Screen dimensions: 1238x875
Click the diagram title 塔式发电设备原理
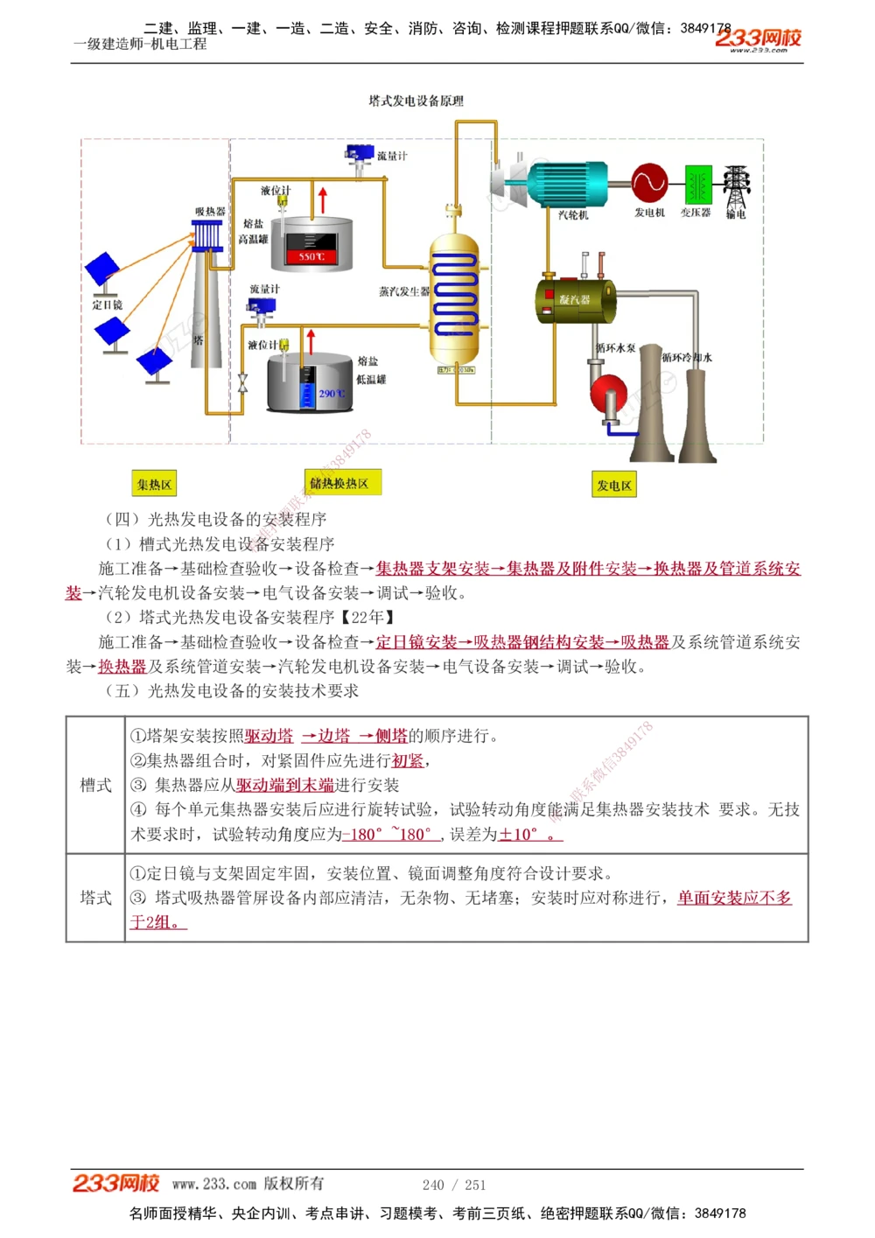click(x=416, y=101)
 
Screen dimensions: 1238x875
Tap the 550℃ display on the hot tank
click(x=311, y=255)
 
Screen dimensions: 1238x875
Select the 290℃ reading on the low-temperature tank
click(x=331, y=394)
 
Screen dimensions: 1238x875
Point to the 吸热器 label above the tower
click(x=210, y=212)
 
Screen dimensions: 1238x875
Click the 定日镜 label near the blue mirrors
click(x=107, y=305)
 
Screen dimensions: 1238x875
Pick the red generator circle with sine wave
click(x=649, y=182)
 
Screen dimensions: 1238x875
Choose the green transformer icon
click(x=697, y=185)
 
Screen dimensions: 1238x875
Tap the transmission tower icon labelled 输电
click(x=736, y=187)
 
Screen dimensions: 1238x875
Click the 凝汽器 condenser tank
click(x=575, y=299)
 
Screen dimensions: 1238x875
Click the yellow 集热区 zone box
click(x=154, y=484)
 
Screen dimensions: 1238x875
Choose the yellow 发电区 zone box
click(x=613, y=485)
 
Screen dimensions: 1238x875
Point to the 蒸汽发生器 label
click(x=403, y=291)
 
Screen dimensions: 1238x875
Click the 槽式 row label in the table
click(x=95, y=785)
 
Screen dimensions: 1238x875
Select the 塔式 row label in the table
click(x=95, y=898)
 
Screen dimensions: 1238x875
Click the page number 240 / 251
click(x=453, y=1185)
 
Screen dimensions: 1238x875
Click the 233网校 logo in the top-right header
click(x=758, y=38)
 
